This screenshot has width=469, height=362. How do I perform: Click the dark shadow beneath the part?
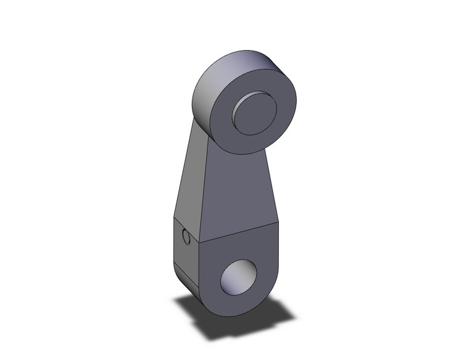204,318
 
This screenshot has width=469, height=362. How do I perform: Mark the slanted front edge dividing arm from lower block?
241,232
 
